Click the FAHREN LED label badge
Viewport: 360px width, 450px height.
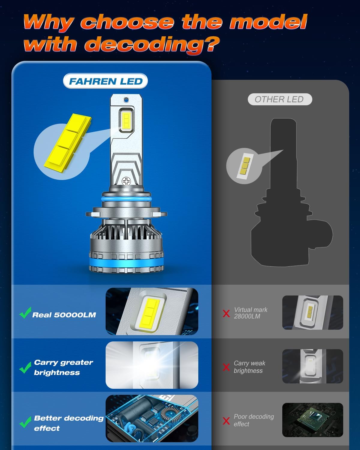(x=106, y=81)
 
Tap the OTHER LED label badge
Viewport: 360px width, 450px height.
(x=280, y=99)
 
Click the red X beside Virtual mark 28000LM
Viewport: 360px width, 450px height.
(x=226, y=313)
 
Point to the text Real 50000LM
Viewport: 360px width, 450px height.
(x=64, y=315)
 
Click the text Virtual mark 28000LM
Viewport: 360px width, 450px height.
(x=250, y=313)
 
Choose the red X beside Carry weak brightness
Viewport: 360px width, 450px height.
(x=226, y=367)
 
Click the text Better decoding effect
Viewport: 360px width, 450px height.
(x=68, y=423)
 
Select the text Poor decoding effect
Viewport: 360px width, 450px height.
(x=253, y=420)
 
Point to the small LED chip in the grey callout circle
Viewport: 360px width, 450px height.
(x=244, y=166)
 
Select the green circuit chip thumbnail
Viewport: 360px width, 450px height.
(x=313, y=420)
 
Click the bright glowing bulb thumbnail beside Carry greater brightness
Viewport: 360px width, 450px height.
(x=152, y=365)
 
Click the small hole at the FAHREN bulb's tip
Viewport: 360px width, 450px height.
(x=126, y=99)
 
